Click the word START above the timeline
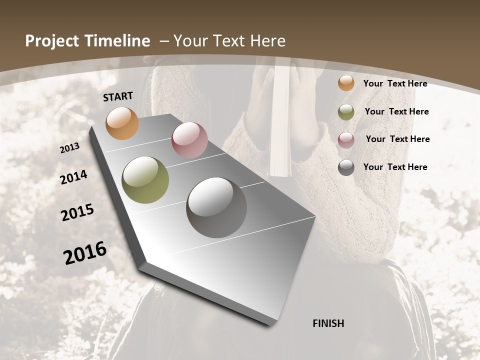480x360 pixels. tap(118, 96)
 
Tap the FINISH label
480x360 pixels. tap(328, 323)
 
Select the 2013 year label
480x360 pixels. tap(70, 148)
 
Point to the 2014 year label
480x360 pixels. tap(74, 177)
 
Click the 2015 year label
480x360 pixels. tap(77, 212)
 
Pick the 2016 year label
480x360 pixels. tap(85, 252)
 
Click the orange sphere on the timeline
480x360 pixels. tap(122, 123)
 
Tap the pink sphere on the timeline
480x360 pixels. tap(189, 140)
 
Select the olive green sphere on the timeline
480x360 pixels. tap(145, 180)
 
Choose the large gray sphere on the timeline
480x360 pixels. tap(216, 207)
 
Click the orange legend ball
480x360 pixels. tap(346, 83)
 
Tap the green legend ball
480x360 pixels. tap(346, 112)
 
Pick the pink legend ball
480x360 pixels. tap(346, 140)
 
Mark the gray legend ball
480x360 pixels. tap(346, 167)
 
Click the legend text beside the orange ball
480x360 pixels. tap(395, 83)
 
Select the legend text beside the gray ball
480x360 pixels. tap(395, 167)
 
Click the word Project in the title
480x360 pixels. tap(51, 41)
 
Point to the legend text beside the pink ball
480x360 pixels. tap(397, 139)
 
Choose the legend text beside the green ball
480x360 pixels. tap(396, 111)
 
